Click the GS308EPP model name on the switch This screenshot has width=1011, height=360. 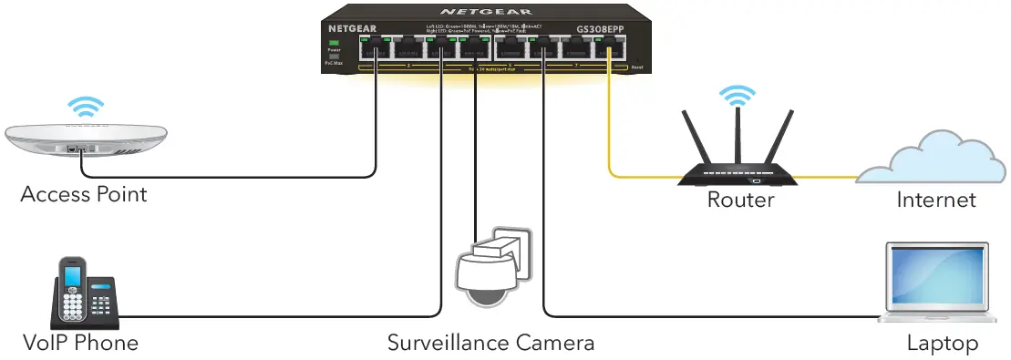(x=600, y=30)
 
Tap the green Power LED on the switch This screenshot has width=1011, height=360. (x=335, y=44)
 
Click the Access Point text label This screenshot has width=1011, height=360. (x=83, y=194)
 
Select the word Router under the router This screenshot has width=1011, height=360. (x=741, y=200)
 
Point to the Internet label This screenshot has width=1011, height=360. (x=936, y=200)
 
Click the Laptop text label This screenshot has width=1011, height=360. (x=942, y=344)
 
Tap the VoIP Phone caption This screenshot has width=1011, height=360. (x=81, y=343)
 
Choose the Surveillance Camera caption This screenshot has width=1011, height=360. (x=490, y=343)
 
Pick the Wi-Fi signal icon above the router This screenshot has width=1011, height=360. (x=738, y=94)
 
